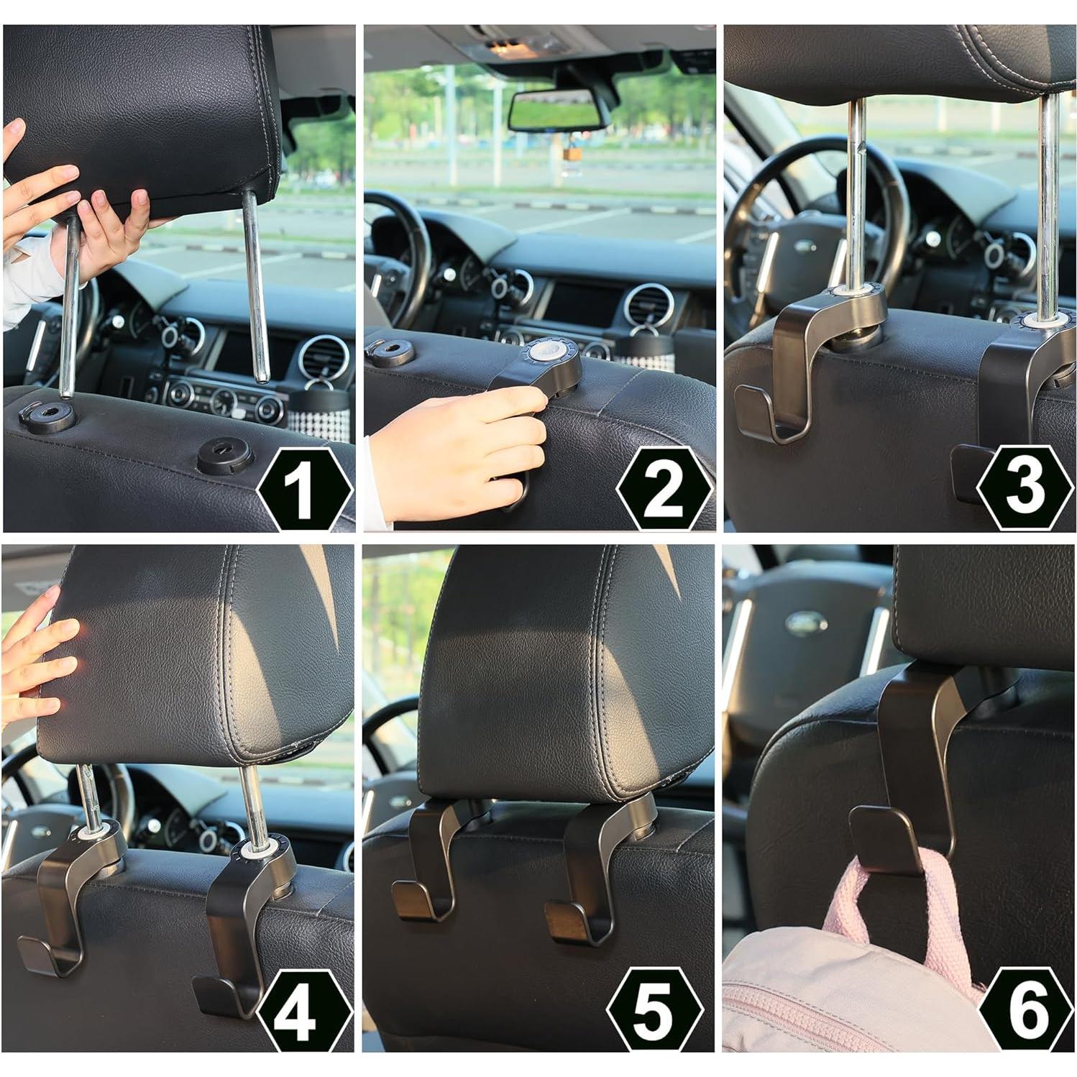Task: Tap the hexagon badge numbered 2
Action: coord(664,489)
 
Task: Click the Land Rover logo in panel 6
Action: coord(805,623)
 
